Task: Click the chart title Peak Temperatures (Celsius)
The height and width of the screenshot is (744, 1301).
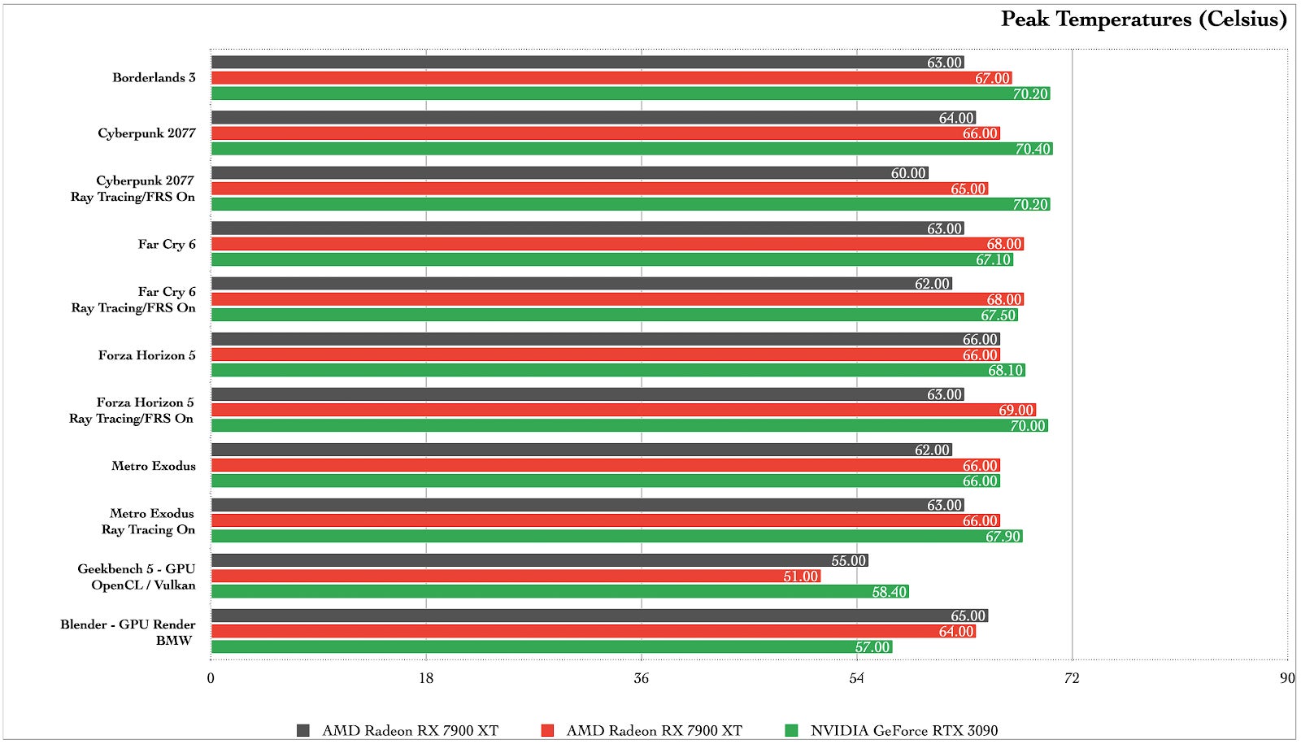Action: [x=1143, y=20]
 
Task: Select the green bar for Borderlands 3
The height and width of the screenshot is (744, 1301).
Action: [x=630, y=94]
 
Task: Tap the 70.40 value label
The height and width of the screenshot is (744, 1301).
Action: [x=1033, y=149]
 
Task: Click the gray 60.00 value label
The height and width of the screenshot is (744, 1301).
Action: [x=907, y=173]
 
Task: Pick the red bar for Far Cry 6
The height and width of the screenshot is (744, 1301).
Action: [x=617, y=244]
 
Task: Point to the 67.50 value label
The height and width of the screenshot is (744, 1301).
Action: [x=999, y=315]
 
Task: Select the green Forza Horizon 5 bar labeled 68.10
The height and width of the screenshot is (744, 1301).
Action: [x=618, y=371]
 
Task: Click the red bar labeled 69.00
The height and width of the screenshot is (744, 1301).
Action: [x=623, y=410]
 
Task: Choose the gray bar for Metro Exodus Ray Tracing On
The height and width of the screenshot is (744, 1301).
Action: [x=587, y=505]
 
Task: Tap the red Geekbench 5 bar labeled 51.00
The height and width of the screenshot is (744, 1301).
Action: [x=516, y=576]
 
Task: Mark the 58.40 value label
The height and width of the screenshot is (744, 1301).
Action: [x=889, y=592]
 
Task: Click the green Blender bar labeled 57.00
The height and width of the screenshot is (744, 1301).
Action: [x=551, y=647]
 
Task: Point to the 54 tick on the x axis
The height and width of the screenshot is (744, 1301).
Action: [x=856, y=678]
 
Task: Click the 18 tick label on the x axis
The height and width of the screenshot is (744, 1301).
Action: [x=426, y=678]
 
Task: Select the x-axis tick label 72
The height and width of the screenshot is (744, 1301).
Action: [x=1072, y=678]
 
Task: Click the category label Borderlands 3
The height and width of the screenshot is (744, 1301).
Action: [x=154, y=78]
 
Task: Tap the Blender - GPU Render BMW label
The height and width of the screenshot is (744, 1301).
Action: [x=128, y=632]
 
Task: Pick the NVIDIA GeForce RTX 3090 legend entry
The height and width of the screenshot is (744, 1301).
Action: [x=903, y=730]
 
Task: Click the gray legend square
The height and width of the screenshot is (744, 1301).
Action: [x=303, y=730]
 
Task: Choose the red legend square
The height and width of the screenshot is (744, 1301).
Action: [x=547, y=730]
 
